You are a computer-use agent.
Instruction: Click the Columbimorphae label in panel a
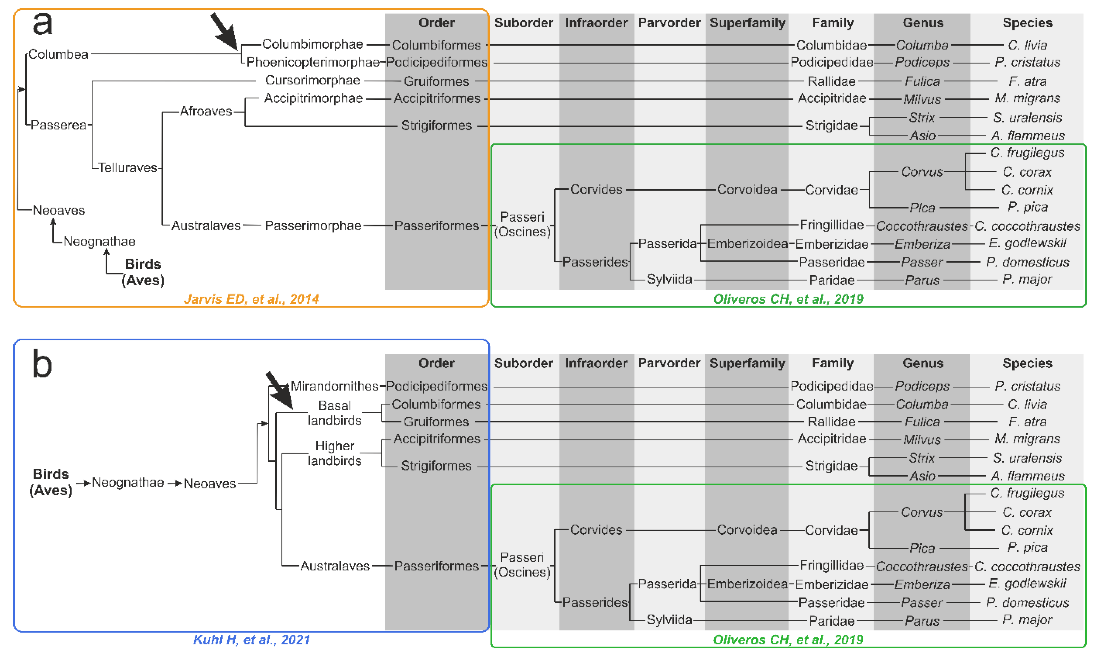tap(312, 44)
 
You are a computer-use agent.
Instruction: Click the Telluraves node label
tap(127, 168)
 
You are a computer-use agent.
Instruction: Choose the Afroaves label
tap(206, 111)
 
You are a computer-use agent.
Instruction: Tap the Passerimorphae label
tap(313, 226)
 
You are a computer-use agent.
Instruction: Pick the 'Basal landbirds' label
tap(334, 413)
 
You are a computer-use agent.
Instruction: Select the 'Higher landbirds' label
tap(334, 453)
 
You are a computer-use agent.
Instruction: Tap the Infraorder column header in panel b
tap(596, 363)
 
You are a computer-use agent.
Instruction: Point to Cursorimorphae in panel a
tap(312, 80)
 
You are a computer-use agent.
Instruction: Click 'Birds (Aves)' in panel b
tap(51, 482)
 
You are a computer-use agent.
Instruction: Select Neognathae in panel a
tap(99, 241)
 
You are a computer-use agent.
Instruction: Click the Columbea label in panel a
tap(58, 55)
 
